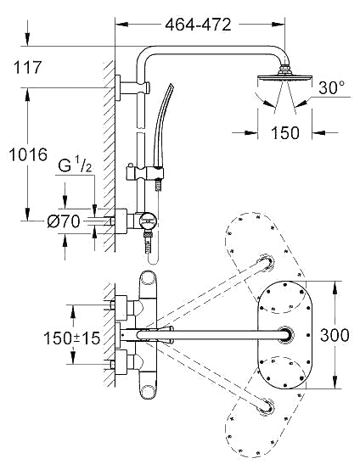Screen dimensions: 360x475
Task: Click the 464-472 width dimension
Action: coord(198,25)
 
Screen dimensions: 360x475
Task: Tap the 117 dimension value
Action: coord(27,67)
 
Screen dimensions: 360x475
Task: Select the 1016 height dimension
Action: coord(28,154)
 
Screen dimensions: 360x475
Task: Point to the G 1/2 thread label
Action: coord(75,165)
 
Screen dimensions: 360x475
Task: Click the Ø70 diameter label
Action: coord(64,221)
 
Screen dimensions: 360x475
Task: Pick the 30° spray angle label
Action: coord(331,88)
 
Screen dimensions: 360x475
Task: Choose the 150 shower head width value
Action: coord(284,132)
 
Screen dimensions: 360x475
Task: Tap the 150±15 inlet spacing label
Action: coord(72,338)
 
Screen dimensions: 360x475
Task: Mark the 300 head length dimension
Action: coord(335,335)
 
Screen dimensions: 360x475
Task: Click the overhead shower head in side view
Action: coord(284,75)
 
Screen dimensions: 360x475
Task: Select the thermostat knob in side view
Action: coord(148,221)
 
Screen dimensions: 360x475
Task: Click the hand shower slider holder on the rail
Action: coord(144,173)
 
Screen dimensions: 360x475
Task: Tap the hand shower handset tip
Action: coord(171,87)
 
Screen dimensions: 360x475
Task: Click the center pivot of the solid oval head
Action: coord(285,335)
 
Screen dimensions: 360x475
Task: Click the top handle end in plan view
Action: coord(148,278)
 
